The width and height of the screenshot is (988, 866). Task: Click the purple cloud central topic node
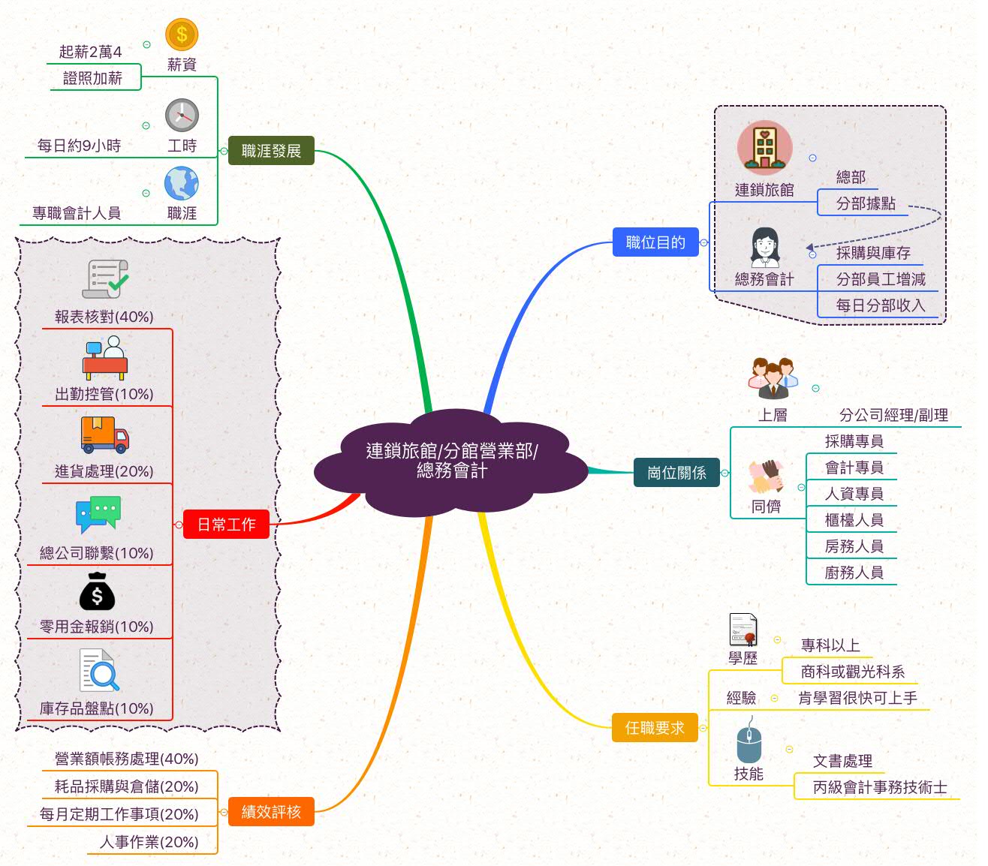coord(451,461)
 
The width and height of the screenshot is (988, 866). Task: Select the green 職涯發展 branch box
coord(271,151)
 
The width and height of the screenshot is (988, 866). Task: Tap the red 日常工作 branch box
coord(226,525)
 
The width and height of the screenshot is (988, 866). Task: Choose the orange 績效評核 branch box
coord(271,811)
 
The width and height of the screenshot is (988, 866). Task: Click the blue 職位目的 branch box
coord(655,242)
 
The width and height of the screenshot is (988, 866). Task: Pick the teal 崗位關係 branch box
coord(676,473)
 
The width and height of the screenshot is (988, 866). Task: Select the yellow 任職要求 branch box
coord(655,728)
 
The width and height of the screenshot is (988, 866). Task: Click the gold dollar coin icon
coord(182,35)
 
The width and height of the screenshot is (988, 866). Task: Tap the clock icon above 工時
coord(182,116)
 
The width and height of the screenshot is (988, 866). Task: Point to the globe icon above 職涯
coord(182,184)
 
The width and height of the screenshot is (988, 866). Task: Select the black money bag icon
coord(97,592)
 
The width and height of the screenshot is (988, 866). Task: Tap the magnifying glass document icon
coord(99,671)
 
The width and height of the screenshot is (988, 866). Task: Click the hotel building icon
coord(764,148)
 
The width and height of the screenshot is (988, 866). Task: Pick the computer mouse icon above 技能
coord(749,742)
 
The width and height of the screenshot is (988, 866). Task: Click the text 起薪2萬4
coord(90,52)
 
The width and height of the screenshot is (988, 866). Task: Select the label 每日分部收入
coord(880,305)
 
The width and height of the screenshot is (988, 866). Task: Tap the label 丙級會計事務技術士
coord(880,787)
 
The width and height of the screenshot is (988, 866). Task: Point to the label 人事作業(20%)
coord(149,842)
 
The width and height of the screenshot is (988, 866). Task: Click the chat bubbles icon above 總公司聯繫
coord(98,514)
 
